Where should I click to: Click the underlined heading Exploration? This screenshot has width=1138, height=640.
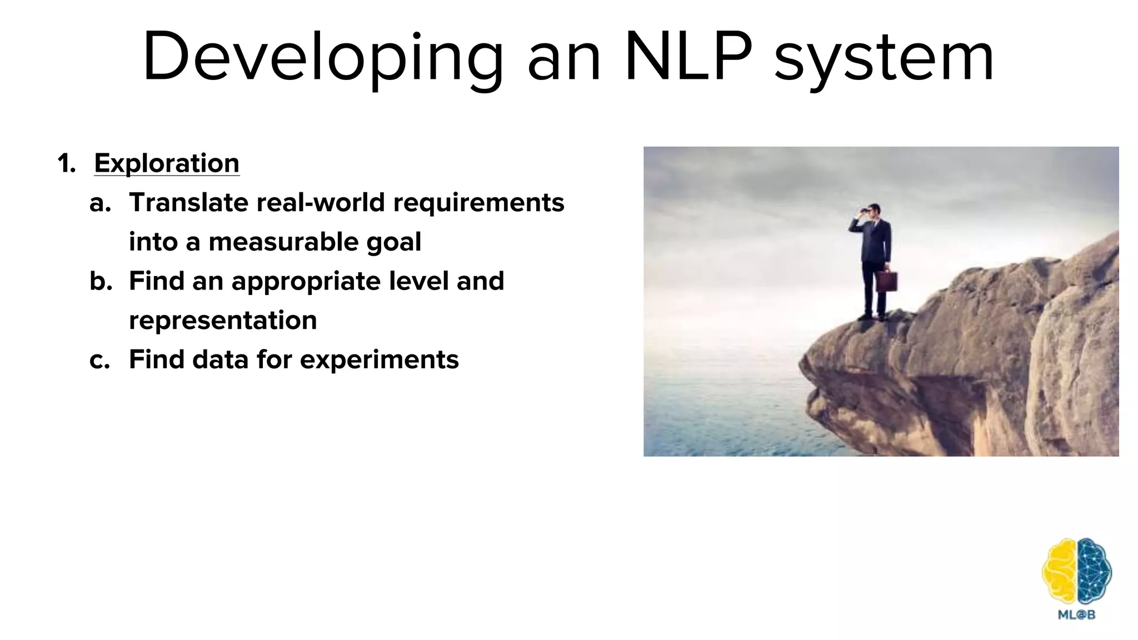click(167, 163)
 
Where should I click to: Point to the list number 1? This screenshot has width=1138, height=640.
click(66, 164)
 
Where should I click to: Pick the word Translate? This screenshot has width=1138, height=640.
click(188, 202)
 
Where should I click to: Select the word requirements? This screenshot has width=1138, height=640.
click(478, 202)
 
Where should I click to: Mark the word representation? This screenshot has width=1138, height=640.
click(223, 321)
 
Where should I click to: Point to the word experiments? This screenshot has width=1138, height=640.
click(379, 360)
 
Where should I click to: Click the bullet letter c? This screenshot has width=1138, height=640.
click(99, 360)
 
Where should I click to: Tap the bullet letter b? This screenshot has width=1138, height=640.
click(100, 281)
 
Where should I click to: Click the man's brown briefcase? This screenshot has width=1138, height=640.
click(886, 281)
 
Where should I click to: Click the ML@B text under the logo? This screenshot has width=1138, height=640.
click(1077, 615)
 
